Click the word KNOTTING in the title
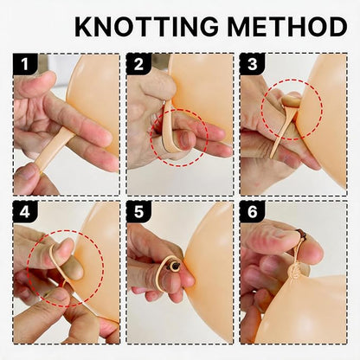(x=146, y=27)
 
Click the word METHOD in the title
(x=287, y=27)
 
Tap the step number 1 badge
(x=25, y=64)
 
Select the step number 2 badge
(x=139, y=64)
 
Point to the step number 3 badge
(x=253, y=64)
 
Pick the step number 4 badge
(x=25, y=212)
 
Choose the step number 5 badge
(x=139, y=212)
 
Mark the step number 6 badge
(x=253, y=212)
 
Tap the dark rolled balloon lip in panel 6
(x=301, y=235)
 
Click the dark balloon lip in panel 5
(x=174, y=267)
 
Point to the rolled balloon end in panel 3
(x=291, y=100)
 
